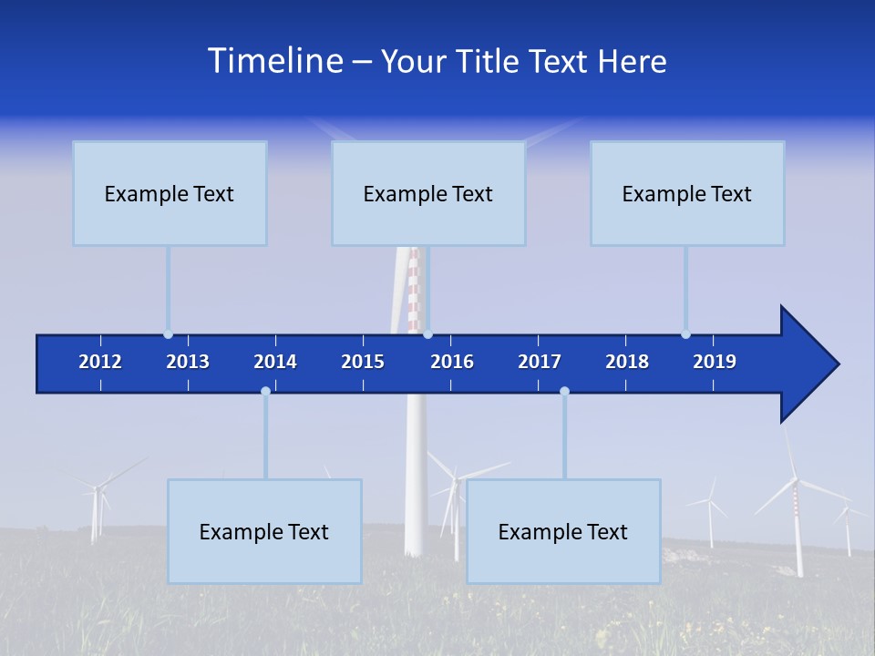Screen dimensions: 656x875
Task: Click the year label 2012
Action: coord(100,362)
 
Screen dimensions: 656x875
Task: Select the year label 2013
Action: coord(188,362)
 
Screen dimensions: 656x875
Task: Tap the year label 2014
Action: coord(275,362)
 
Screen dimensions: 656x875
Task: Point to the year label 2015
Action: coord(363,362)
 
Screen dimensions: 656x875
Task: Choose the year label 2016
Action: coord(452,362)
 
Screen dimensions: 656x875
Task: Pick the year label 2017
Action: coord(540,362)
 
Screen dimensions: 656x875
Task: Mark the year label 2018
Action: coord(627,362)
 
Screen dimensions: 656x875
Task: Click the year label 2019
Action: coord(715,362)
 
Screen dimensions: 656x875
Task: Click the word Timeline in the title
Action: coord(274,61)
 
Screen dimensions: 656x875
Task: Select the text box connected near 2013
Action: coord(170,193)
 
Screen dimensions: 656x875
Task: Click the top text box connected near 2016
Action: coord(428,193)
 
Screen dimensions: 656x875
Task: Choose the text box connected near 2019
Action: coord(687,193)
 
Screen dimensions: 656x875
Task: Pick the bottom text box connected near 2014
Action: coord(264,531)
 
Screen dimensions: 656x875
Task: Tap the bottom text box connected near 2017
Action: coord(563,531)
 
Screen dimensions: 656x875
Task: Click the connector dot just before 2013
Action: coord(168,334)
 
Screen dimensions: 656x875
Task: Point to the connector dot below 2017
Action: coord(564,391)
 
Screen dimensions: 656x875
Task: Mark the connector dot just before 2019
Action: coord(685,334)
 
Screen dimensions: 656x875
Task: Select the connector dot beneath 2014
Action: coord(265,391)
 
